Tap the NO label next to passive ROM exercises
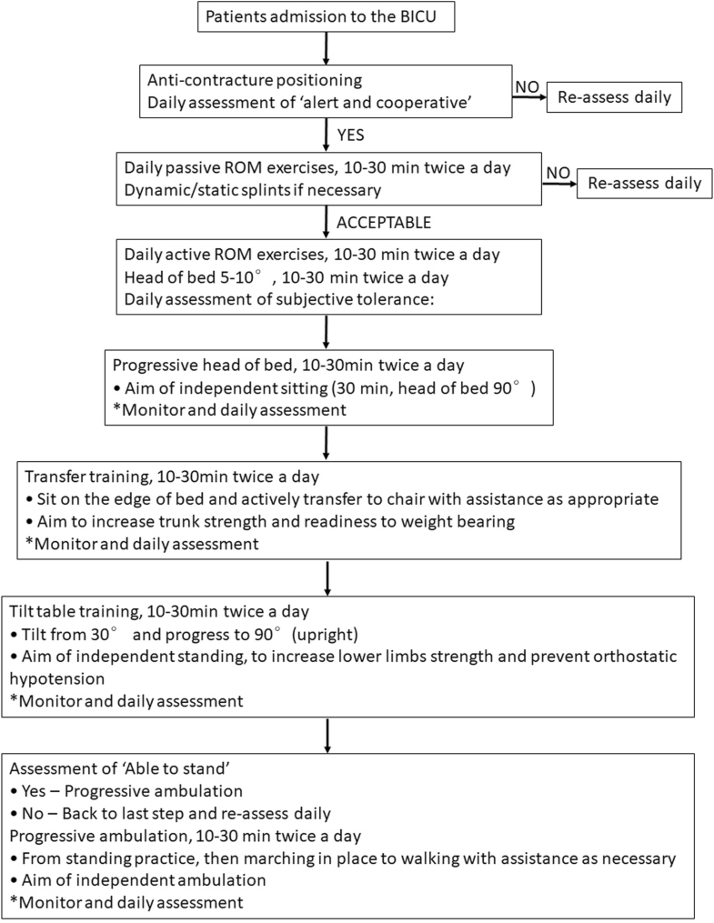(x=557, y=170)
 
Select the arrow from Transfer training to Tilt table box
(x=326, y=577)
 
